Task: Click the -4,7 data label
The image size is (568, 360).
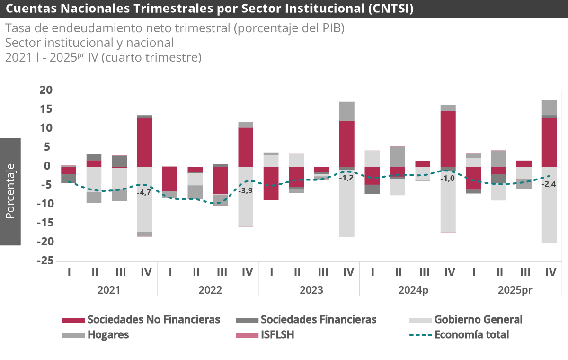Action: [144, 193]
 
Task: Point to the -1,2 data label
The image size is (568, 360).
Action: [346, 178]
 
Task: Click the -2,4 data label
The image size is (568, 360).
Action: [549, 184]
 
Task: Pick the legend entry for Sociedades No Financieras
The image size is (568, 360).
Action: [153, 320]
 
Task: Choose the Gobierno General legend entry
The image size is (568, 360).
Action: [478, 320]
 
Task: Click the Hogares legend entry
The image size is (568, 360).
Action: [108, 335]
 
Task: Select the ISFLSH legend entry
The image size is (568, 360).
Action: [277, 335]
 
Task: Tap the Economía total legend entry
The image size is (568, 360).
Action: [471, 335]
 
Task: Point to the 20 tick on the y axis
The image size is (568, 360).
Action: [45, 90]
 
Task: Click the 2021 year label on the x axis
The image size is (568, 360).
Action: [108, 290]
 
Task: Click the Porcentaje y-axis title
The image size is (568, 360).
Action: [10, 191]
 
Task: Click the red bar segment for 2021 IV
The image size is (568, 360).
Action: [144, 142]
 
